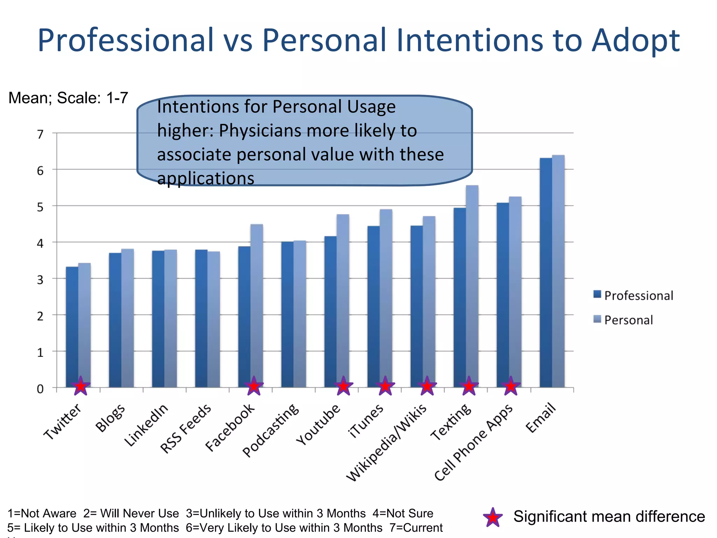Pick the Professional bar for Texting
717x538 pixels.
[x=460, y=298]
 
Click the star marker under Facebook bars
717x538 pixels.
[x=254, y=386]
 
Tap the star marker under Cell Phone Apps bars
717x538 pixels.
[x=511, y=386]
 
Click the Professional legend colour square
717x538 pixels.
[x=597, y=294]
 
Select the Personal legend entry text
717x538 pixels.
[x=628, y=320]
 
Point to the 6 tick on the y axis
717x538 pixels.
[x=40, y=171]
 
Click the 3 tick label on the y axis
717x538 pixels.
[x=40, y=280]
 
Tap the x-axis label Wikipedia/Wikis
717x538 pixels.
[x=387, y=443]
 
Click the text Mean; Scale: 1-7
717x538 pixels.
[x=68, y=98]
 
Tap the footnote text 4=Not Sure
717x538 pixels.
[x=403, y=513]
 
